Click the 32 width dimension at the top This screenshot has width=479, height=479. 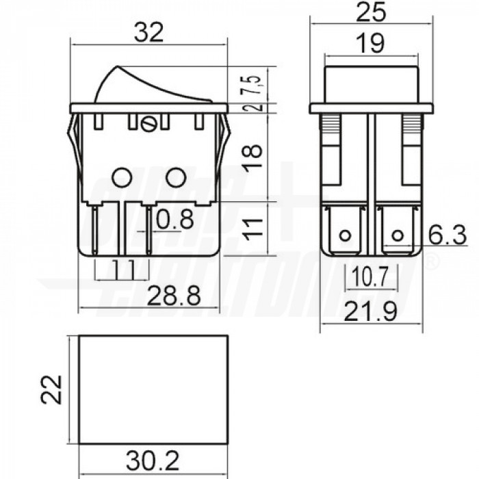click(x=148, y=32)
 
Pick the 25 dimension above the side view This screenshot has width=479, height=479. click(x=371, y=12)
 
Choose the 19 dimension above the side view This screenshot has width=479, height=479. click(x=370, y=44)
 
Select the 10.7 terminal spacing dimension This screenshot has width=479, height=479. click(x=370, y=276)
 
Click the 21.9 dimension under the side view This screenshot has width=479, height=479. click(x=371, y=313)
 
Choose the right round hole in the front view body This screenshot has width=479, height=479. click(x=177, y=178)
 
